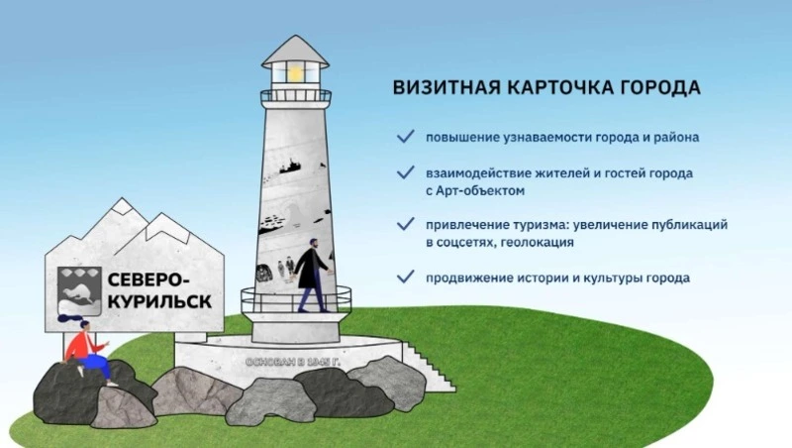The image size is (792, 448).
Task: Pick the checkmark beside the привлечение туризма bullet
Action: (x=405, y=224)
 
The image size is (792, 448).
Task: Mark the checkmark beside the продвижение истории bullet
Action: (x=405, y=277)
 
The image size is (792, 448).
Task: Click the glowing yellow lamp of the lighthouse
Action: (x=295, y=72)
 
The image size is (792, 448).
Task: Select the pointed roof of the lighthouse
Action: (x=295, y=48)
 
